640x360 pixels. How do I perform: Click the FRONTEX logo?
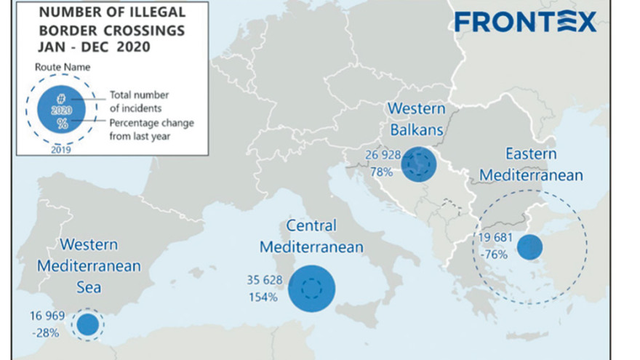[x=525, y=21]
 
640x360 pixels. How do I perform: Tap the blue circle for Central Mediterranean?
[x=311, y=288]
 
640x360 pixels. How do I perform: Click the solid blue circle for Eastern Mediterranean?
[x=529, y=247]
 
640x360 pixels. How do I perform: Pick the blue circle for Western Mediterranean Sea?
[x=87, y=324]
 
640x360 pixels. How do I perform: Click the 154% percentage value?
[x=262, y=297]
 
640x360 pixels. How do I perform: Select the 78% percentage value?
[x=381, y=172]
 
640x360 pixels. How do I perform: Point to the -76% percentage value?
[x=493, y=255]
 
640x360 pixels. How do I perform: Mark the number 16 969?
[x=48, y=316]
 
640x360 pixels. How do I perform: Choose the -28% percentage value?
[x=46, y=332]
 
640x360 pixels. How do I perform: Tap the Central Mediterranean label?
[x=311, y=236]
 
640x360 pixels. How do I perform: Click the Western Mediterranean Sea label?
[x=89, y=265]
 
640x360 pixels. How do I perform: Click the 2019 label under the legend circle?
[x=61, y=150]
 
